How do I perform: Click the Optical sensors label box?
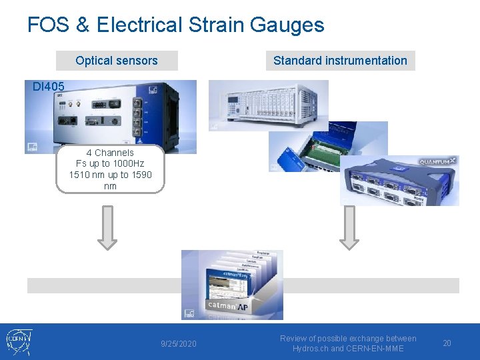[117, 61]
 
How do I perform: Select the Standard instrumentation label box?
[340, 61]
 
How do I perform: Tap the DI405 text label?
[49, 86]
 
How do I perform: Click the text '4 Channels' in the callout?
[110, 153]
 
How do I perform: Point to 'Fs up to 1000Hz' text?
[110, 163]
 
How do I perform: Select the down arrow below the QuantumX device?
[349, 227]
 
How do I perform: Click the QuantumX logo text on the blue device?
[437, 161]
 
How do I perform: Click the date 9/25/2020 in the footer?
[179, 343]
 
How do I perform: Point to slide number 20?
[447, 343]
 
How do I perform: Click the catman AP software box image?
[232, 285]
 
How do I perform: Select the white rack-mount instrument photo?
[268, 105]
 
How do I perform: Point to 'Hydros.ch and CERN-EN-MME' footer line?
[348, 349]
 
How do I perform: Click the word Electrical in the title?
[139, 25]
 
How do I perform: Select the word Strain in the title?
[215, 25]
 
